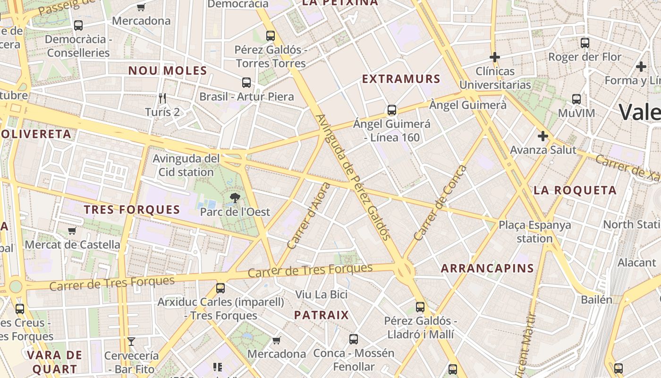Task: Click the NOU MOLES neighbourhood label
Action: click(x=168, y=71)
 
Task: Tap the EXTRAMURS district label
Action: click(x=401, y=79)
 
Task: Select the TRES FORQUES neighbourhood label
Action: click(x=132, y=210)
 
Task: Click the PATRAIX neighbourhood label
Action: click(x=321, y=315)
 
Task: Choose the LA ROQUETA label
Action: click(x=575, y=190)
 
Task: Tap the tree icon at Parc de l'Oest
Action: click(x=235, y=198)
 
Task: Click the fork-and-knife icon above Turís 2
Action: click(x=162, y=98)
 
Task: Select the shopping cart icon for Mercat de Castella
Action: click(x=72, y=231)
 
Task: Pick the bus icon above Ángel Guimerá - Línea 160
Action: click(x=391, y=110)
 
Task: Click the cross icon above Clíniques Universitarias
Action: click(x=495, y=57)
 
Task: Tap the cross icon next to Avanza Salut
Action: click(x=543, y=137)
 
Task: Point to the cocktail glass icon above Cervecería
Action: click(x=131, y=341)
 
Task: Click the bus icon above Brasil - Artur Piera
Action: click(x=246, y=83)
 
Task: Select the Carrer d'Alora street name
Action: click(x=310, y=215)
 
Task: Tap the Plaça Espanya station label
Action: click(x=534, y=232)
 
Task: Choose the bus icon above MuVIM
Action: click(x=576, y=99)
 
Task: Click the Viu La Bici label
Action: click(x=321, y=294)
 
